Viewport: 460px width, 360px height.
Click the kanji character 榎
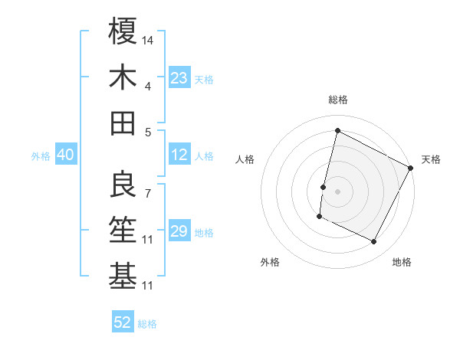[x=123, y=31]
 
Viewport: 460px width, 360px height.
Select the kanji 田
[x=123, y=123]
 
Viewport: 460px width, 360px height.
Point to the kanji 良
[x=123, y=185]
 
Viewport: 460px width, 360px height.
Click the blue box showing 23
[x=179, y=78]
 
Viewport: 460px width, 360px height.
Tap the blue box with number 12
[x=179, y=155]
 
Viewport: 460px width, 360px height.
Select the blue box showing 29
[x=179, y=231]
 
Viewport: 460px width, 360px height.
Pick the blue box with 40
[x=65, y=155]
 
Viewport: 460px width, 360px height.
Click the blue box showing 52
[x=123, y=322]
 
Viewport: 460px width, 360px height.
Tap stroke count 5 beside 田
[x=147, y=132]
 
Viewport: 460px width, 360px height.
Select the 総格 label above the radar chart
[x=337, y=100]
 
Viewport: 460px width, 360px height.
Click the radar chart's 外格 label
[x=270, y=262]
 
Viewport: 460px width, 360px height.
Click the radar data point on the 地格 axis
[x=374, y=242]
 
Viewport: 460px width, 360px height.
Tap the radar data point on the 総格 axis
[x=337, y=131]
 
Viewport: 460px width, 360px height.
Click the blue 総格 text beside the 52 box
[x=147, y=324]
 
